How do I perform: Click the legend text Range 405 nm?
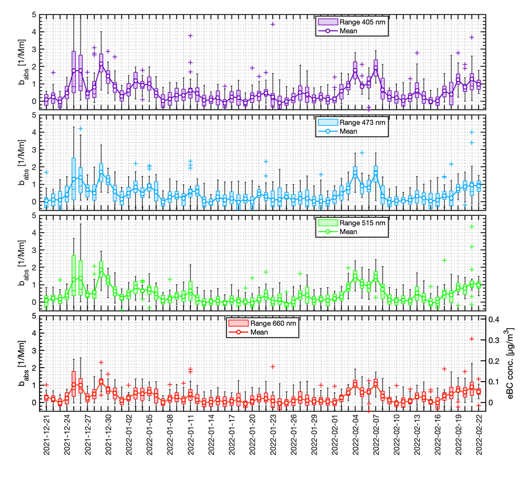point(362,22)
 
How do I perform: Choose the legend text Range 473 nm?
point(362,122)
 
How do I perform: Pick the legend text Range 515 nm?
point(362,223)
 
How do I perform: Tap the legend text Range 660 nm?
point(273,323)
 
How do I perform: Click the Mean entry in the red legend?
point(259,332)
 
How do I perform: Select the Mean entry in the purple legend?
point(349,31)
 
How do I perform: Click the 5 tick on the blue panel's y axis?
point(34,115)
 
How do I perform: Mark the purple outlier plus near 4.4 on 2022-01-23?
point(273,24)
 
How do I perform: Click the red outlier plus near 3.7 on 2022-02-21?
point(472,339)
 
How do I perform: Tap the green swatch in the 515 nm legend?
point(327,223)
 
